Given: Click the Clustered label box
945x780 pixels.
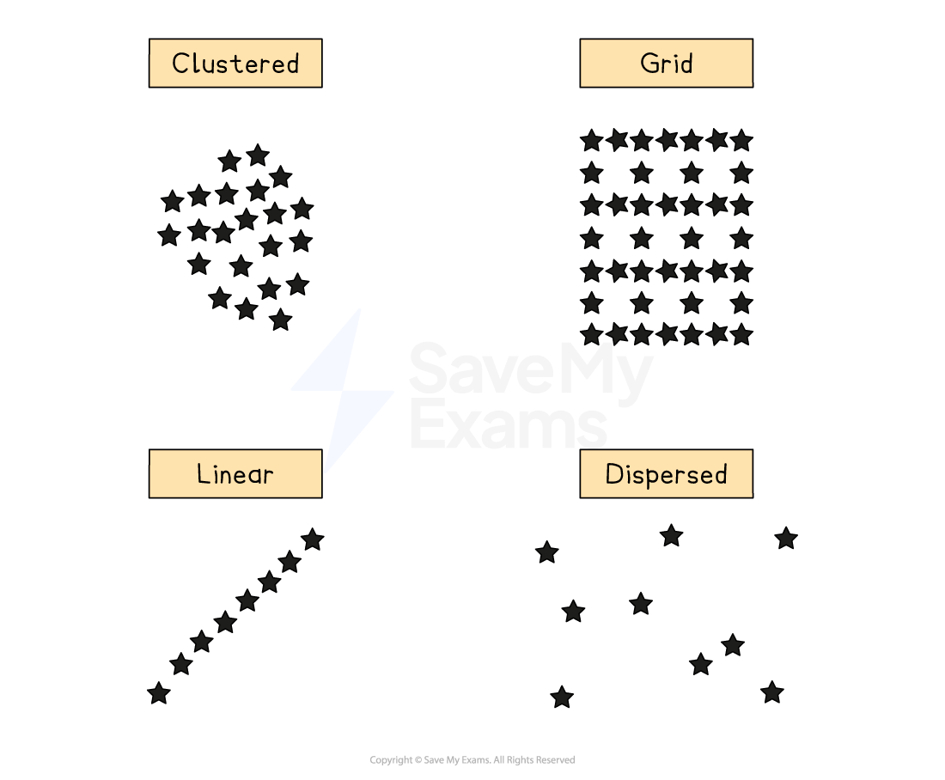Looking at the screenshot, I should pyautogui.click(x=235, y=63).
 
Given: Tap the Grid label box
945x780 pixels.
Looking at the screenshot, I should pyautogui.click(x=666, y=63).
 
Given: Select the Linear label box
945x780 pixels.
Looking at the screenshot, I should pyautogui.click(x=235, y=473).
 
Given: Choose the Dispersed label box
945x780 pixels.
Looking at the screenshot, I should pyautogui.click(x=666, y=473).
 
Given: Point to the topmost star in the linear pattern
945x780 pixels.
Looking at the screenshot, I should pyautogui.click(x=313, y=539).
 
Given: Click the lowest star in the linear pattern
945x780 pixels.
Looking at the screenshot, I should pyautogui.click(x=159, y=692).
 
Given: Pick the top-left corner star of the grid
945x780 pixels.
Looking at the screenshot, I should pyautogui.click(x=591, y=140).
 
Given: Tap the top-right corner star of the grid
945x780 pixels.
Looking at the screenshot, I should pyautogui.click(x=741, y=140).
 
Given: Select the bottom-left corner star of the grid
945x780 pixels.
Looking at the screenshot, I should pyautogui.click(x=591, y=334).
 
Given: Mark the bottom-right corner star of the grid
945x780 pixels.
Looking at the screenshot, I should pyautogui.click(x=741, y=334).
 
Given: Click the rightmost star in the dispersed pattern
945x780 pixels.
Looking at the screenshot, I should pyautogui.click(x=786, y=539).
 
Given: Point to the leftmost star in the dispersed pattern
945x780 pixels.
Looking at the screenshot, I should pyautogui.click(x=547, y=552).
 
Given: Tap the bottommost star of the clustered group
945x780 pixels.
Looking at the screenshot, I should pyautogui.click(x=280, y=320).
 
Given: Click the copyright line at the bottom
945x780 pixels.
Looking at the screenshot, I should pyautogui.click(x=472, y=760).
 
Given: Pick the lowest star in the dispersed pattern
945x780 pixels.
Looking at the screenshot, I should pyautogui.click(x=562, y=697).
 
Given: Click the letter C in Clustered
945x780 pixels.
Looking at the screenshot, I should pyautogui.click(x=180, y=64).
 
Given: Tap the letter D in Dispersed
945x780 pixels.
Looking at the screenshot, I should pyautogui.click(x=613, y=474).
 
